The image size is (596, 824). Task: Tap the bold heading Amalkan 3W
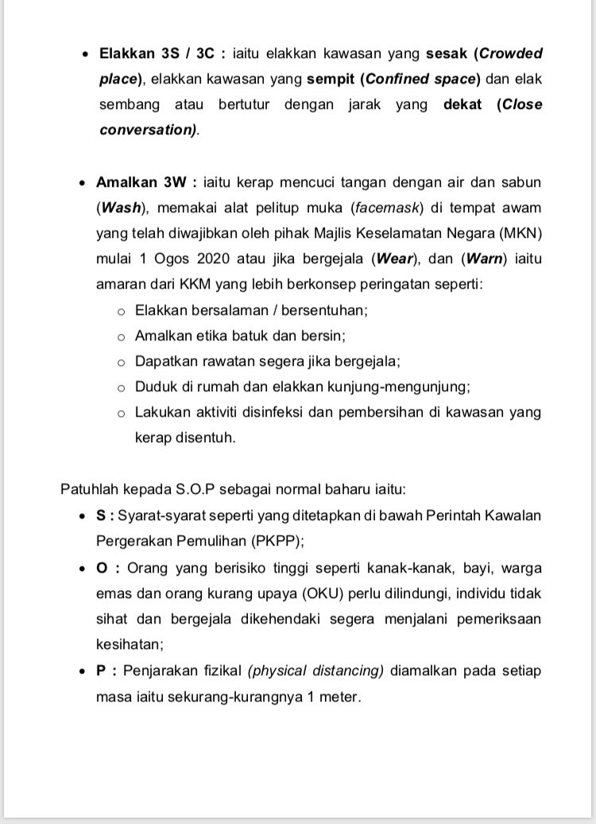[141, 183]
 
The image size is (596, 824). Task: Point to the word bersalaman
[226, 310]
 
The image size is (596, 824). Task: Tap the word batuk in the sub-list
[247, 336]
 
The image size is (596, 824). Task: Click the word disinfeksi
[270, 412]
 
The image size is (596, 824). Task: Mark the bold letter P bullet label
[101, 670]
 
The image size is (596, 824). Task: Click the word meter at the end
[338, 696]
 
